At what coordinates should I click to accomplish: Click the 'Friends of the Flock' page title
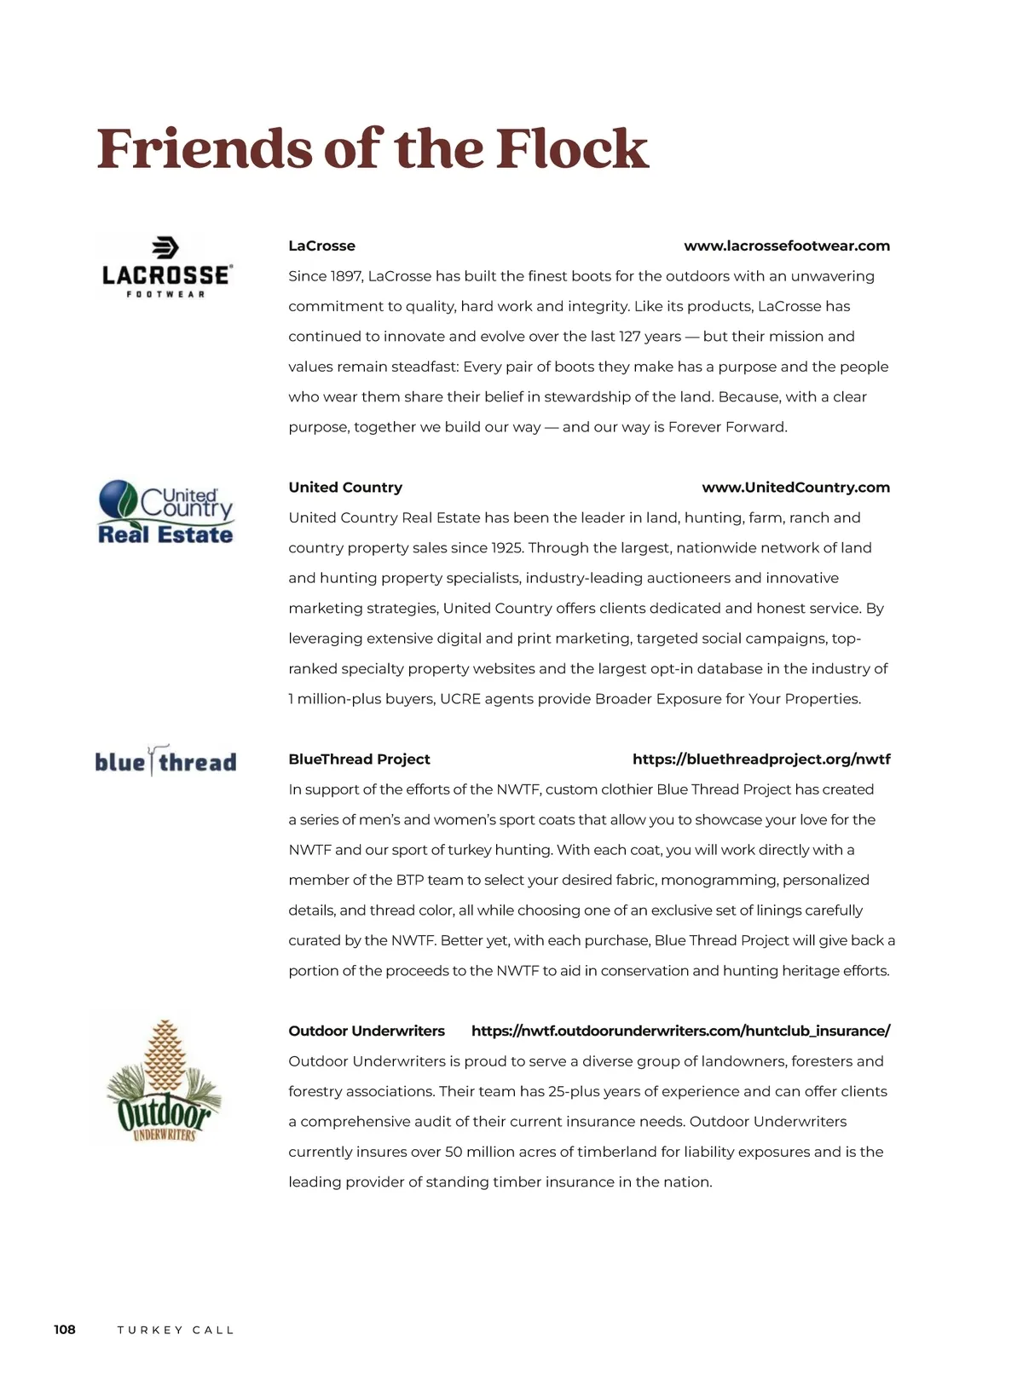[373, 149]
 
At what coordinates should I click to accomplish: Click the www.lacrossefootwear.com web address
[786, 246]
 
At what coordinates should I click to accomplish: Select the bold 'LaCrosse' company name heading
[321, 246]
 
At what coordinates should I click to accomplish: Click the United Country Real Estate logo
[165, 511]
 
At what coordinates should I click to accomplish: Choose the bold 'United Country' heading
[345, 487]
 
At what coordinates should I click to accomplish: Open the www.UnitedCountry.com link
[795, 487]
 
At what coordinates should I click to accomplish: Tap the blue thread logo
[165, 760]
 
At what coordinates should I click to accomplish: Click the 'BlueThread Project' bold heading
[359, 759]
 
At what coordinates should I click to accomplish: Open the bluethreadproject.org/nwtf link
[761, 759]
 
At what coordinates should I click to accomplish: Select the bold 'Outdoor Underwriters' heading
[367, 1031]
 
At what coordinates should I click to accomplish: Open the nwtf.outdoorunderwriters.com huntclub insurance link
[680, 1031]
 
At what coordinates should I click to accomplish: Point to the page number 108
[65, 1329]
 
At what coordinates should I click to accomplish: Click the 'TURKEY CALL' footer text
[176, 1330]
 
